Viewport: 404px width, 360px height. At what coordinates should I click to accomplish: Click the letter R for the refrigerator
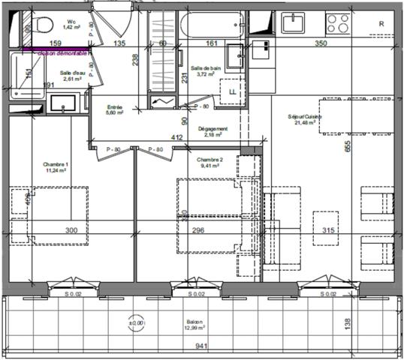pyautogui.click(x=381, y=24)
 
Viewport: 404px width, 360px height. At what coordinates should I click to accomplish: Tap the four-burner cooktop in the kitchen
pyautogui.click(x=337, y=23)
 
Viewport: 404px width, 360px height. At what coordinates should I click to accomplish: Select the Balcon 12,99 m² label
pyautogui.click(x=197, y=325)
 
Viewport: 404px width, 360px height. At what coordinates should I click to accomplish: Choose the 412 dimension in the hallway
pyautogui.click(x=177, y=137)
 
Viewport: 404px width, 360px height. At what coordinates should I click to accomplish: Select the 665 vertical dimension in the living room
pyautogui.click(x=348, y=148)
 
